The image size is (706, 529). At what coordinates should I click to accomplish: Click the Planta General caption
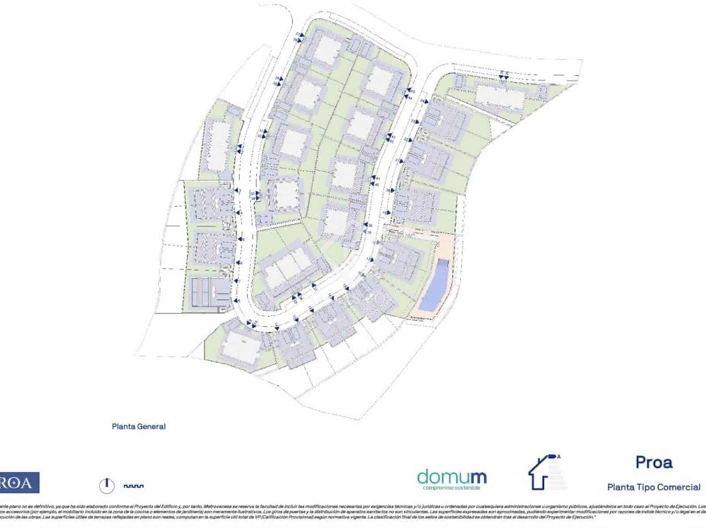[139, 426]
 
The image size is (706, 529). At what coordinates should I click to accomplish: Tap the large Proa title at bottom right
[654, 462]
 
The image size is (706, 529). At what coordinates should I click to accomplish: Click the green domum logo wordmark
[451, 477]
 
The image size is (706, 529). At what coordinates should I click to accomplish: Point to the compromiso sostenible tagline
[451, 488]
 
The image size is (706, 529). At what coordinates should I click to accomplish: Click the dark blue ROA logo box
[19, 483]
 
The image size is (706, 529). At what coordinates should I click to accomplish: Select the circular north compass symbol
[106, 486]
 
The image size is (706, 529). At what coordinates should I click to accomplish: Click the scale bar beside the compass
[134, 486]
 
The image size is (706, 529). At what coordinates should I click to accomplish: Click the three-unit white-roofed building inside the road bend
[287, 264]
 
